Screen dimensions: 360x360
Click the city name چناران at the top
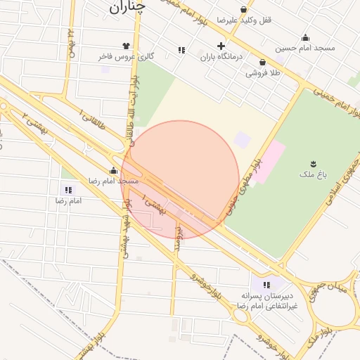click(x=127, y=7)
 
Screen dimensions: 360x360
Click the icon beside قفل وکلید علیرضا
click(x=244, y=10)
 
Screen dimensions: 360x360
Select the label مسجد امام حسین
click(x=305, y=49)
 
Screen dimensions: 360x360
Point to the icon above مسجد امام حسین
click(x=305, y=38)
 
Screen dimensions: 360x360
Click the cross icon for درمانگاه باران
click(x=221, y=46)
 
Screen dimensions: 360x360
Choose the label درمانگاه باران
click(x=221, y=57)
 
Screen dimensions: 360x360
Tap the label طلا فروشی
click(x=263, y=72)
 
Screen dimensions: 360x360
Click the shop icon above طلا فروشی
click(x=262, y=62)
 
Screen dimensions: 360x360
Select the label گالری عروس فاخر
click(x=126, y=56)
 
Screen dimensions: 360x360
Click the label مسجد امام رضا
click(x=112, y=181)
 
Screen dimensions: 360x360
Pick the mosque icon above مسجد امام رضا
click(x=113, y=170)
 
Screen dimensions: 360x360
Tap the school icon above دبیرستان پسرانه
click(x=266, y=285)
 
